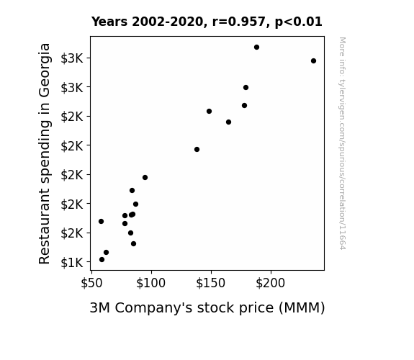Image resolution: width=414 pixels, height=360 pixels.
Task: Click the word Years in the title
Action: (109, 22)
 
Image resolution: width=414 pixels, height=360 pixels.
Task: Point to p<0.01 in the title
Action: (299, 22)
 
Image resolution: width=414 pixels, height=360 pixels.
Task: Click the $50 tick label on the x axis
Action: (91, 283)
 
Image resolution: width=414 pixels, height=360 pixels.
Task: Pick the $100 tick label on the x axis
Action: (150, 283)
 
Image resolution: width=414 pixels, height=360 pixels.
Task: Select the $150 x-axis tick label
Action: (211, 283)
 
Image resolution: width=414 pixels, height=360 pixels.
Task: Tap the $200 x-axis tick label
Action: (271, 283)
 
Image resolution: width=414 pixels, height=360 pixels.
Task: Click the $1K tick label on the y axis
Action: (72, 263)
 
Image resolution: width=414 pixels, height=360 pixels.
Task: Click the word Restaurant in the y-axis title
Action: (44, 226)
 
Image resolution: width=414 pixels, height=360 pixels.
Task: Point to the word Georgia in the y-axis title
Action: (45, 71)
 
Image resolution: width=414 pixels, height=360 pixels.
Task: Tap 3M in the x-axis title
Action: (99, 307)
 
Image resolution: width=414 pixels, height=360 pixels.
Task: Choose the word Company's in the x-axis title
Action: (153, 308)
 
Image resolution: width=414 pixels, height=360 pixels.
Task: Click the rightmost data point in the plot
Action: (313, 60)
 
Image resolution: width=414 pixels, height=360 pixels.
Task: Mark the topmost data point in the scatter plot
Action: (256, 48)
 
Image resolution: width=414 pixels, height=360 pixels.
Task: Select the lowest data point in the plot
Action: (102, 260)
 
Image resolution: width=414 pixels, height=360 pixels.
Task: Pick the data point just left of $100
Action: (145, 178)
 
